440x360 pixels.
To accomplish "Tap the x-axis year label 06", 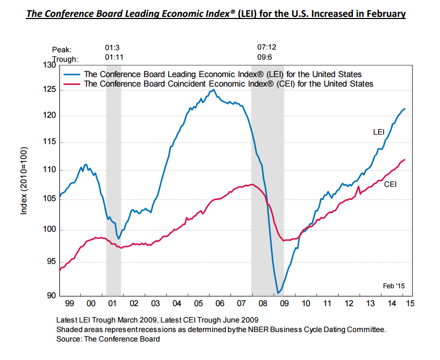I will point(219,304).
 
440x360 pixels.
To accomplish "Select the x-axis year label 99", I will point(69,304).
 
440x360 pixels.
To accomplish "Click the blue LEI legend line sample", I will point(72,74).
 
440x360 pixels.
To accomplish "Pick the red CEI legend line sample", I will point(72,83).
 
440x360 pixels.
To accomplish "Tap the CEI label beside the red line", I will point(390,184).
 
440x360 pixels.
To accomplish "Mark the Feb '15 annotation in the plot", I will point(394,286).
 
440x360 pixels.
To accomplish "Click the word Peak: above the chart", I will point(62,50).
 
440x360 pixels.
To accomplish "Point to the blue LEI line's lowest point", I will point(278,292).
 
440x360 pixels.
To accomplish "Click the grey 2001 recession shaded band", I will point(113,211).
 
